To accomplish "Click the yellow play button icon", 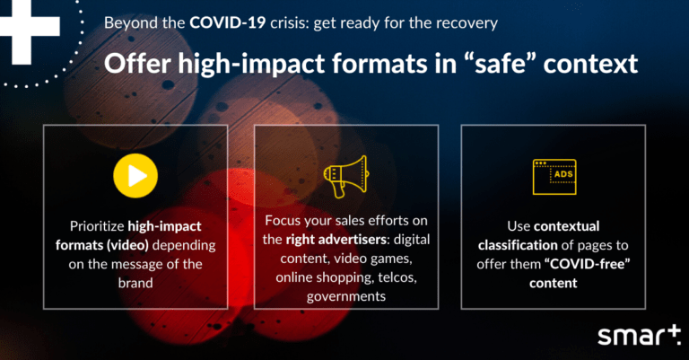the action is pyautogui.click(x=135, y=175).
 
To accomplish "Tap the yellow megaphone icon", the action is pyautogui.click(x=346, y=176).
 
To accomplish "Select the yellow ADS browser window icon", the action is pyautogui.click(x=554, y=177).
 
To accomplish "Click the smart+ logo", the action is pyautogui.click(x=640, y=337).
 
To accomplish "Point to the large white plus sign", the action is pyautogui.click(x=26, y=26).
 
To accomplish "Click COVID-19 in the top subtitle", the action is pyautogui.click(x=228, y=22).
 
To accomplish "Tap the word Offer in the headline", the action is pyautogui.click(x=137, y=64).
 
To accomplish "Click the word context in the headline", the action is pyautogui.click(x=590, y=64).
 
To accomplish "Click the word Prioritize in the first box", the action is pyautogui.click(x=97, y=226).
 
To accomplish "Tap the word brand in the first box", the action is pyautogui.click(x=135, y=283).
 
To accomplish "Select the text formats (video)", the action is pyautogui.click(x=102, y=245).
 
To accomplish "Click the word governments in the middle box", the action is pyautogui.click(x=346, y=296).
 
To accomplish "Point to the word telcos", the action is pyautogui.click(x=397, y=277).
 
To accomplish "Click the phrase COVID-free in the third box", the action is pyautogui.click(x=588, y=264).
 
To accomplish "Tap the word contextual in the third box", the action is pyautogui.click(x=566, y=226).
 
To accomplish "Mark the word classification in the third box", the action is pyautogui.click(x=518, y=245).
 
